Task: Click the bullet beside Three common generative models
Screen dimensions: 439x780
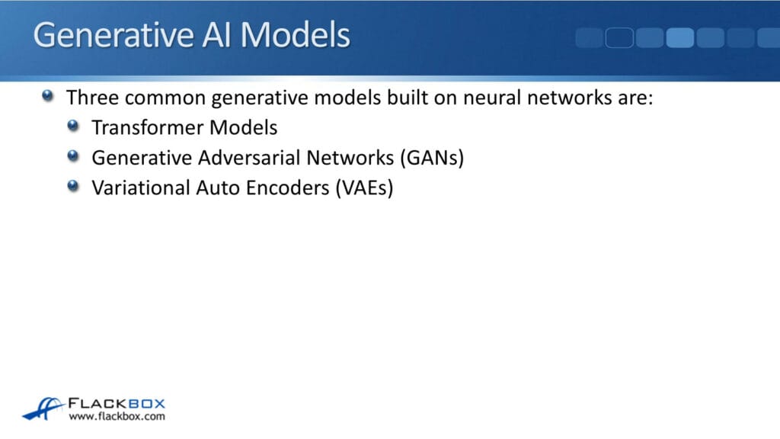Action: [49, 97]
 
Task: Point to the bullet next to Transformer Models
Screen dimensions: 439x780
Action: [73, 126]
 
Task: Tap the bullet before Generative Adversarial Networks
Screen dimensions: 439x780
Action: [73, 155]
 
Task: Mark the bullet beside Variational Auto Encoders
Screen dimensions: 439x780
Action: [73, 185]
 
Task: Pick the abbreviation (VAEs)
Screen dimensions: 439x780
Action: [364, 187]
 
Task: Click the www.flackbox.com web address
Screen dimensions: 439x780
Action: [117, 417]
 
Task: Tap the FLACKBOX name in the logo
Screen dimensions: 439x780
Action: [117, 403]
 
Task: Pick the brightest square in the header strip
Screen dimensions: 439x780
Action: [679, 37]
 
